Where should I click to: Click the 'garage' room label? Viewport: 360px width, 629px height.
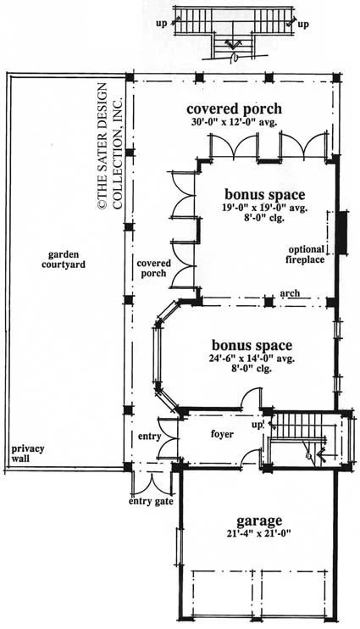point(259,521)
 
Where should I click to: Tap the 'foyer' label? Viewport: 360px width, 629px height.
point(222,434)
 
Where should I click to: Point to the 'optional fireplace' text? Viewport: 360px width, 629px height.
point(305,254)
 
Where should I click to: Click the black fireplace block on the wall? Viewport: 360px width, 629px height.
point(342,232)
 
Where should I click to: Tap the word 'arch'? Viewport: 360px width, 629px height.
point(290,293)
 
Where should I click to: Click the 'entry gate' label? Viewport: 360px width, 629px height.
point(151,502)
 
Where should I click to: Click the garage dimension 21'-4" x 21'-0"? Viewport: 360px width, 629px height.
point(258,534)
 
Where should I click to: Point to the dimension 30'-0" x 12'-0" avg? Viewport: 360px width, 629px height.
point(235,122)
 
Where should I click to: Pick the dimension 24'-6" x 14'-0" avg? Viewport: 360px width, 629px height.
point(252,359)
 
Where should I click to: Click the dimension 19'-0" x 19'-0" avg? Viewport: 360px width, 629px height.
point(264,209)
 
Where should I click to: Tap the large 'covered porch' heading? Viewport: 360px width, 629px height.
point(234,109)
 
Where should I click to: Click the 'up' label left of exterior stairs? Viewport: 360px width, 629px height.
point(161,24)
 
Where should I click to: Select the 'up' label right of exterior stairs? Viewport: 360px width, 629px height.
point(303,24)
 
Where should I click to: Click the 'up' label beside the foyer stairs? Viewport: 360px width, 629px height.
point(257,424)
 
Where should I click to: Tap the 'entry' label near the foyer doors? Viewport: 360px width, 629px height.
point(149,437)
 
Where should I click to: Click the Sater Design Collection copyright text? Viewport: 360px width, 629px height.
point(108,145)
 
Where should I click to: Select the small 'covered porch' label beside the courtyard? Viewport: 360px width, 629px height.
point(153,268)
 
